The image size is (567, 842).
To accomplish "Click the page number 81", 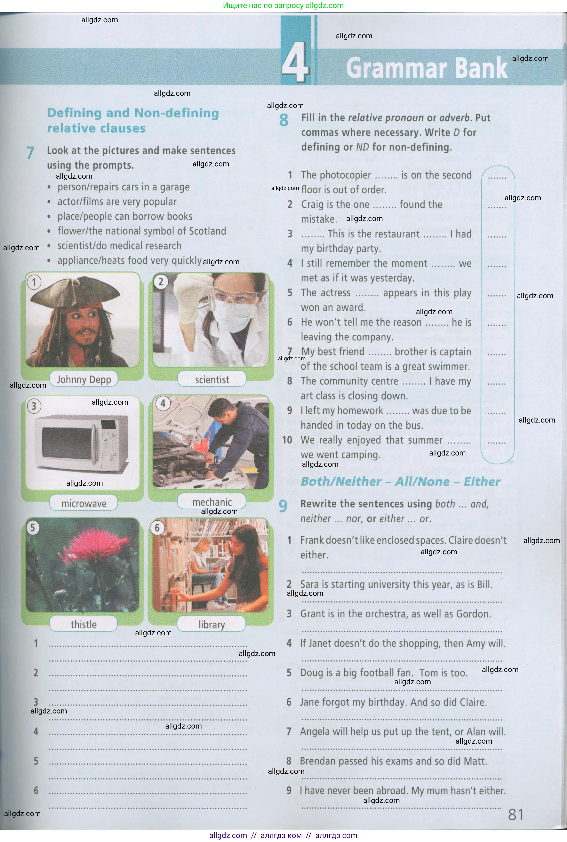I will coord(516,814).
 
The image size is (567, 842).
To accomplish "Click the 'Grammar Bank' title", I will coord(427,68).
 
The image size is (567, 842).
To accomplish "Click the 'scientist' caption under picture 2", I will coord(212,380).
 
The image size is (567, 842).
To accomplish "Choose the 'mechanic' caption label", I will coord(212,502).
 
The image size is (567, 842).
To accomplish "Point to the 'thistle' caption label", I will coord(83,624).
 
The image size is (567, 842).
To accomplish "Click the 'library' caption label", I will coord(212,624).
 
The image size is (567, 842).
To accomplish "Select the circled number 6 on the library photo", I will coord(157,528).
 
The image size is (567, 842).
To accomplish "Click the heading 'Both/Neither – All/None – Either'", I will coord(400,482).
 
